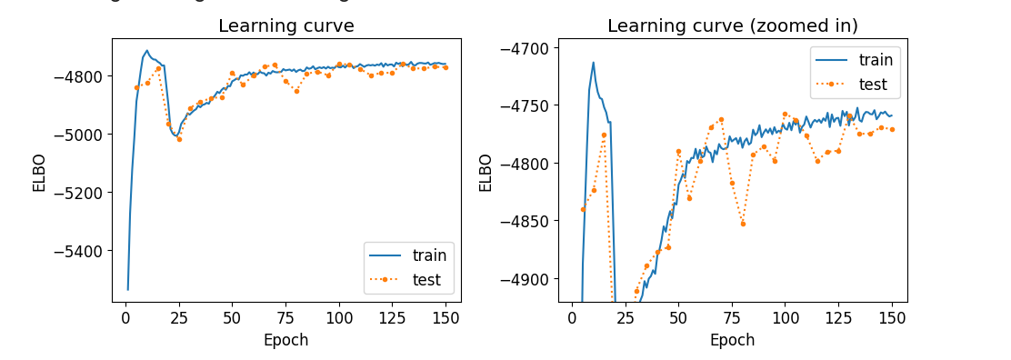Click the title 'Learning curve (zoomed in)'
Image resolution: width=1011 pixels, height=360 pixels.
(x=732, y=25)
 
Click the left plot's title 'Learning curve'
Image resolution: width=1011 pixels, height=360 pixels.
(x=285, y=25)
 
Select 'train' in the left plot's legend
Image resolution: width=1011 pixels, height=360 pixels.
(x=429, y=255)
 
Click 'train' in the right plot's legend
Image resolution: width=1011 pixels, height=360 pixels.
(x=876, y=61)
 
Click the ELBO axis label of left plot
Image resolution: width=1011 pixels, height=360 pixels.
(x=39, y=171)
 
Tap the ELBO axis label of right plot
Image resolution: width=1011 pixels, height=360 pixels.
(x=485, y=171)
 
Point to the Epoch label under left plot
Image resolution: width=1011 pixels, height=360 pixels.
(x=285, y=341)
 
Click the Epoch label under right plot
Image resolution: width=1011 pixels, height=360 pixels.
(x=732, y=341)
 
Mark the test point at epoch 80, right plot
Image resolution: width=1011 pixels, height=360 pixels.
(x=743, y=224)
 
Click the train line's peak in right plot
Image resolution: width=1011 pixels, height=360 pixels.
(x=594, y=63)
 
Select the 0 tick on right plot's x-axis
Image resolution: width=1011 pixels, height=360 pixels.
(x=572, y=319)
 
